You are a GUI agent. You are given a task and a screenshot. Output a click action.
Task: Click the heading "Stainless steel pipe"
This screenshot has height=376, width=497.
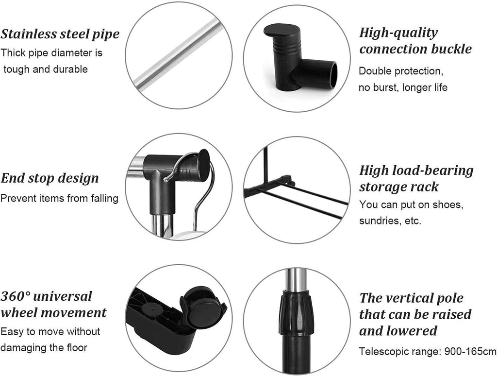tap(60, 34)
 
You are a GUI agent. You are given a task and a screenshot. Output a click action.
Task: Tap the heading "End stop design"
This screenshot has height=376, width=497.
tap(50, 178)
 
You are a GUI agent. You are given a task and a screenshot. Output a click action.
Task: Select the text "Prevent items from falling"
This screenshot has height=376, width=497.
tap(59, 198)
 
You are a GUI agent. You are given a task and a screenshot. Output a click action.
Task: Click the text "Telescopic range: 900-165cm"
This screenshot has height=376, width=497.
tap(427, 352)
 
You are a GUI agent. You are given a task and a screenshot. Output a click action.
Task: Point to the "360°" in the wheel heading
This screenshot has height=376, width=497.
tap(16, 297)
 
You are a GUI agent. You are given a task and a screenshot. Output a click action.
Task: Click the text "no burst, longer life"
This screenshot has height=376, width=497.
tap(403, 87)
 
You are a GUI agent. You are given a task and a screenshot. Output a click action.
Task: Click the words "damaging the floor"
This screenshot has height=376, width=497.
tap(44, 348)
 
